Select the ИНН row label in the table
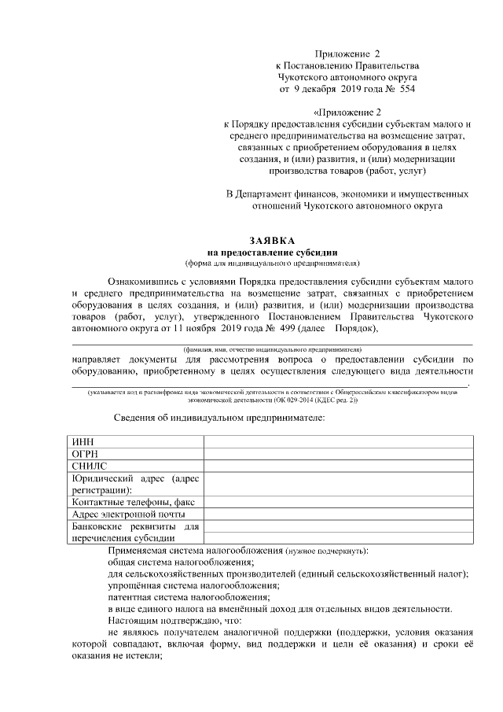pos(83,442)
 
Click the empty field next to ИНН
pos(338,442)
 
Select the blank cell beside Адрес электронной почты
pos(338,514)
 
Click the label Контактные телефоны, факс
pos(133,502)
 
